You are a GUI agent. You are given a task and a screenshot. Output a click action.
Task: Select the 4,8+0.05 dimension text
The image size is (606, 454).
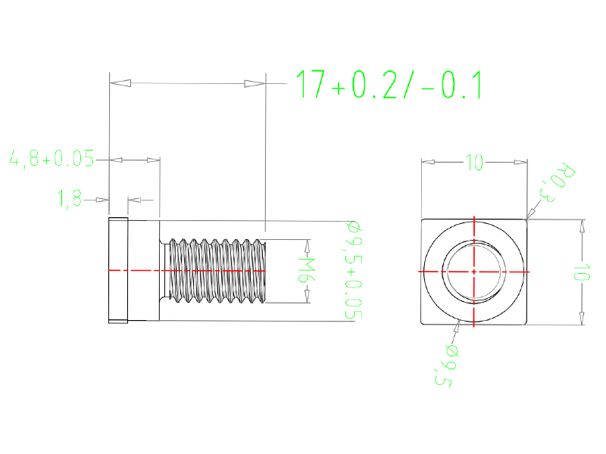coord(51,160)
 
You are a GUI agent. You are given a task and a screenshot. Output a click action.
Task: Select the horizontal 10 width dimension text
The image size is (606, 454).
coord(474,162)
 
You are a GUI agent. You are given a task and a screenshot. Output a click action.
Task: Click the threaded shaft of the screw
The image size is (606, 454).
coord(216,271)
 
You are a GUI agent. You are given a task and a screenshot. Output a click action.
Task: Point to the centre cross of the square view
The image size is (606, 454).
coord(473,271)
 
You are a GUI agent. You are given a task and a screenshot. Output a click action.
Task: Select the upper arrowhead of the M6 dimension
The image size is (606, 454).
coord(308,245)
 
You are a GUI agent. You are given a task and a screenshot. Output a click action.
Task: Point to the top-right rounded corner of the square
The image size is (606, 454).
coord(525,221)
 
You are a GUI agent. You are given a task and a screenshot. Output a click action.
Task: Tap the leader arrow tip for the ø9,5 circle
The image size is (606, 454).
coord(460,322)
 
